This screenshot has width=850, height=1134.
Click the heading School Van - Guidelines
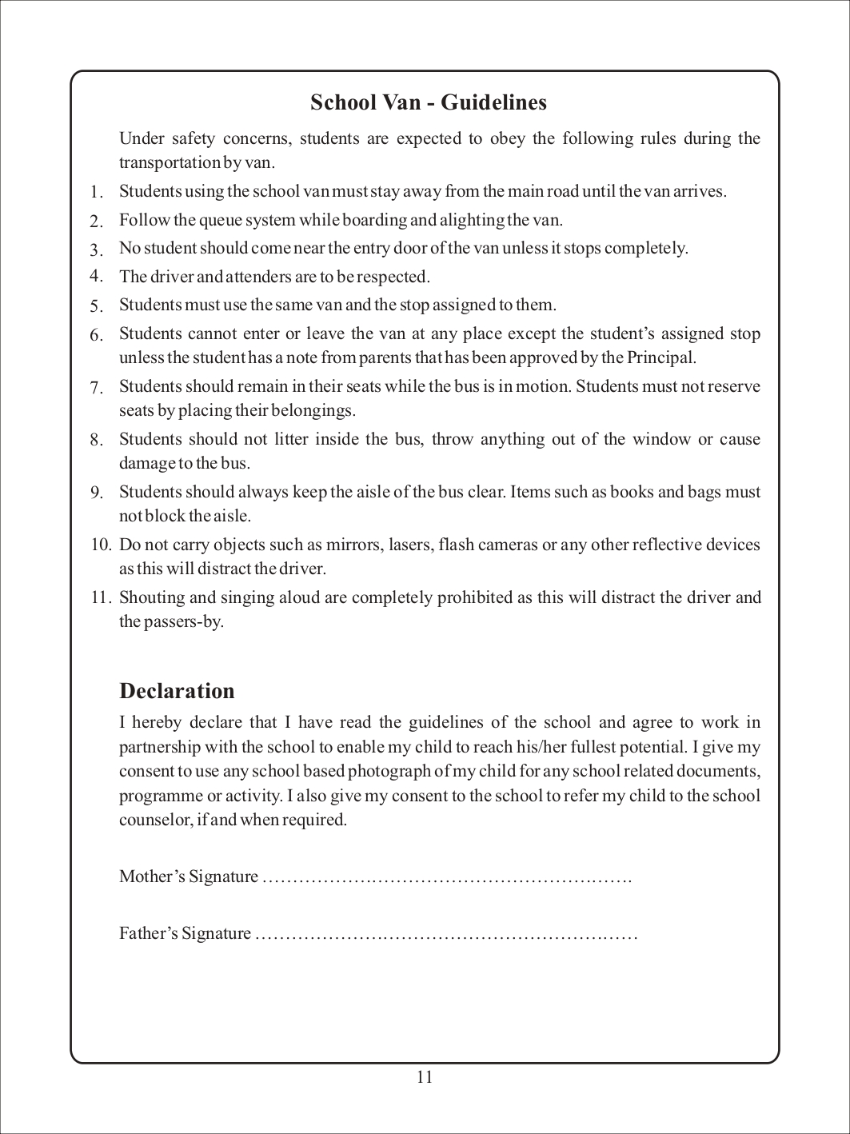click(x=428, y=102)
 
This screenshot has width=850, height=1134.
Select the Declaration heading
click(x=177, y=691)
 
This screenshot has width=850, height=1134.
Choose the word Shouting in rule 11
click(x=148, y=597)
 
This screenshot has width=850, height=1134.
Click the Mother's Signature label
click(x=189, y=877)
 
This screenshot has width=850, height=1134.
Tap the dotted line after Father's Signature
click(x=445, y=934)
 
